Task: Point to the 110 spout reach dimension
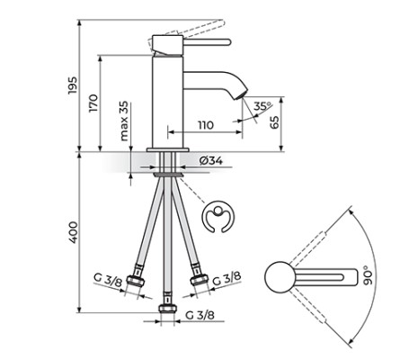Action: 205,125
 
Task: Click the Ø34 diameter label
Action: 210,160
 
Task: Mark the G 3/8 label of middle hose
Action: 200,314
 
